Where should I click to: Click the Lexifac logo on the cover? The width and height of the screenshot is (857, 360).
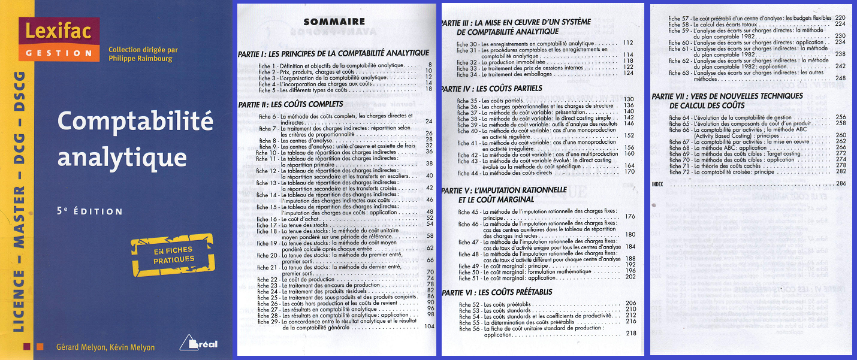[x=58, y=39]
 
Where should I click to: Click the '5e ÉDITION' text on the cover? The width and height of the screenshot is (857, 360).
[x=90, y=211]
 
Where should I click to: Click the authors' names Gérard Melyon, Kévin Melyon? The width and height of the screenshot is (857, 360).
[x=105, y=347]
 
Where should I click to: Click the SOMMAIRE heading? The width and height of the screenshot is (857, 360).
[x=325, y=22]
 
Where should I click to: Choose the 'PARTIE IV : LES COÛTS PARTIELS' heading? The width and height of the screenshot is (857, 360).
[x=491, y=89]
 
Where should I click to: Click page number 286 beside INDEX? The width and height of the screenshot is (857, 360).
[x=840, y=183]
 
